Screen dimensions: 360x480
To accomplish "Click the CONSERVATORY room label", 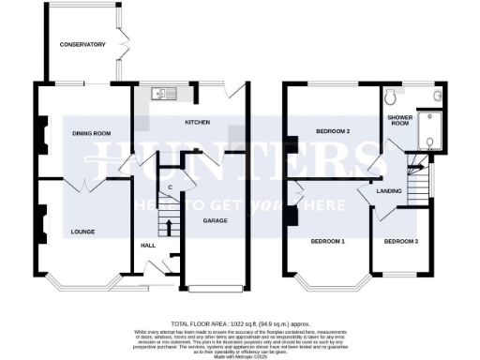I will point(82,45).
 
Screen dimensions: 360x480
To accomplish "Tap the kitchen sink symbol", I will point(160,93).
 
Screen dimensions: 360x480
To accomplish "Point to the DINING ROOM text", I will point(92,134).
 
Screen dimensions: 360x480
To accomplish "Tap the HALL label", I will point(148,245).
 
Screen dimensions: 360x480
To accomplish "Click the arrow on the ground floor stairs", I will point(169,224).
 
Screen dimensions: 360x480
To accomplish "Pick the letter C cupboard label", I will point(170,187).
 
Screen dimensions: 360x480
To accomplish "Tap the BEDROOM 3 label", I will point(401,241).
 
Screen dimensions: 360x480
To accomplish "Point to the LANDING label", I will point(389,191).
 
